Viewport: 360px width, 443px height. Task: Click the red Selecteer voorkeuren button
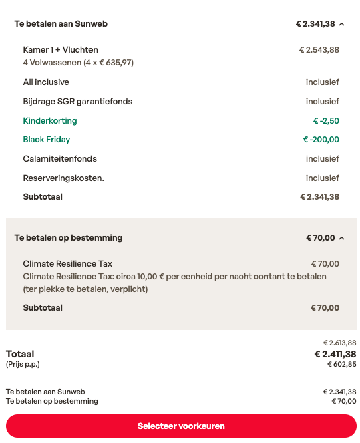pyautogui.click(x=181, y=426)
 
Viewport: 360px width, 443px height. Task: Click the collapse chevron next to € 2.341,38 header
pyautogui.click(x=342, y=24)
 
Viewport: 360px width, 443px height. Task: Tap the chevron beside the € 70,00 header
pyautogui.click(x=342, y=238)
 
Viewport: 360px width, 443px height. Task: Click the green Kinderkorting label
pyautogui.click(x=50, y=121)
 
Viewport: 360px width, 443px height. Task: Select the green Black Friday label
pyautogui.click(x=47, y=140)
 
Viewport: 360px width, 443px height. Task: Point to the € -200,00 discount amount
pyautogui.click(x=321, y=140)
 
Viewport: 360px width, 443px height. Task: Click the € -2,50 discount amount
pyautogui.click(x=326, y=121)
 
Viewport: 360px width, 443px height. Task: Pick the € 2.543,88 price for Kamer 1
pyautogui.click(x=319, y=49)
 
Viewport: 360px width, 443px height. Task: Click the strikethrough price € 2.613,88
pyautogui.click(x=339, y=342)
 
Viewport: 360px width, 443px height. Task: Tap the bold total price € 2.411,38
pyautogui.click(x=335, y=354)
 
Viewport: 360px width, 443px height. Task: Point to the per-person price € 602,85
pyautogui.click(x=341, y=365)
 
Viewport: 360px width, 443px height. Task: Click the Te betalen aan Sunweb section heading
pyautogui.click(x=61, y=24)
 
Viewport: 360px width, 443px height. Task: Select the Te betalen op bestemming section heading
pyautogui.click(x=68, y=238)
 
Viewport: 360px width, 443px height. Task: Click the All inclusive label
pyautogui.click(x=46, y=82)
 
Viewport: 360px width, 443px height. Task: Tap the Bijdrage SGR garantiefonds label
pyautogui.click(x=77, y=102)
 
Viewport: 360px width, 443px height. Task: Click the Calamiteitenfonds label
pyautogui.click(x=60, y=159)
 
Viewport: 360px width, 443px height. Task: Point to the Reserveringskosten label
pyautogui.click(x=63, y=178)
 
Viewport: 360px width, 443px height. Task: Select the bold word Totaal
pyautogui.click(x=20, y=354)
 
